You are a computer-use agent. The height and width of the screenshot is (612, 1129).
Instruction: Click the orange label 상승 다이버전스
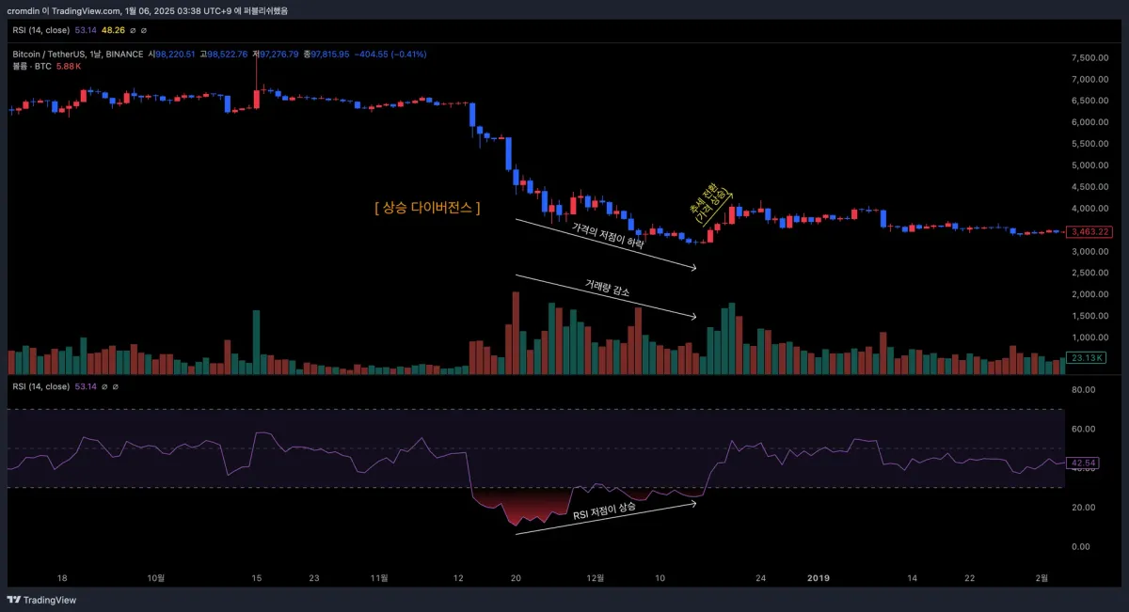426,208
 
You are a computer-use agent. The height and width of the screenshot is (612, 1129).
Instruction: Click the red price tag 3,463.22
1091,231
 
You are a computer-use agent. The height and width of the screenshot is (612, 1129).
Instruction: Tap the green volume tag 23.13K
1088,357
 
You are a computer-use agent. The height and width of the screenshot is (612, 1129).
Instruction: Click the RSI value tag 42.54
1085,463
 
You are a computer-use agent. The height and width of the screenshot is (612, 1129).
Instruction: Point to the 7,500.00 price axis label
1090,57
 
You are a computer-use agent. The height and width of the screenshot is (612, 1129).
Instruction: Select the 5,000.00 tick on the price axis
1090,165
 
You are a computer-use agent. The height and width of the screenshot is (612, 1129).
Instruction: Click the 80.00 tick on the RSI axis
1084,389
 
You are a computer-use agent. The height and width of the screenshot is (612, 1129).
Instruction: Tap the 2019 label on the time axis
820,578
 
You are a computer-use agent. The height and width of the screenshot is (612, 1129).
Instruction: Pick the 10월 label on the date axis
156,578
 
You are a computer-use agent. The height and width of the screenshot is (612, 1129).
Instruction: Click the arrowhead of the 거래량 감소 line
694,316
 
